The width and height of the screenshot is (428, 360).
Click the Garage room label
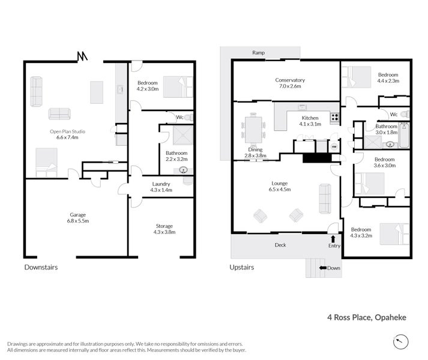(x=78, y=218)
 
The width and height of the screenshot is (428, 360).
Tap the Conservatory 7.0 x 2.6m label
(x=290, y=83)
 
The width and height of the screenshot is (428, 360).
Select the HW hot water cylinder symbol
(x=334, y=147)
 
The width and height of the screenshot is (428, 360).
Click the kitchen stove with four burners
(x=335, y=118)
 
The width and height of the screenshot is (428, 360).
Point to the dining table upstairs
(x=253, y=130)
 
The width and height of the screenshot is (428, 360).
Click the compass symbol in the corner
(x=401, y=341)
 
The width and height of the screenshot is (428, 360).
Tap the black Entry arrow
(x=333, y=239)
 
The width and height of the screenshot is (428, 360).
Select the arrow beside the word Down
(x=323, y=268)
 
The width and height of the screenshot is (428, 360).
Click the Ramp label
(x=258, y=53)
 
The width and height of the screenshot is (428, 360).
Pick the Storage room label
(x=164, y=229)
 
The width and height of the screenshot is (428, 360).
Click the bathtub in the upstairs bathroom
(x=404, y=135)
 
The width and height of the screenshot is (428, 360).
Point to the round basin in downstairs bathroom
(x=183, y=170)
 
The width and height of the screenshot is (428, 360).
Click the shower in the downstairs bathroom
(x=183, y=135)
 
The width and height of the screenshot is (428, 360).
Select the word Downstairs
(x=41, y=267)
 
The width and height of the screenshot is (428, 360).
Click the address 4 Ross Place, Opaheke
(x=367, y=317)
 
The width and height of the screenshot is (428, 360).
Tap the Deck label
(x=280, y=245)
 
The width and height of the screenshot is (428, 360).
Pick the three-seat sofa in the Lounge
(x=325, y=199)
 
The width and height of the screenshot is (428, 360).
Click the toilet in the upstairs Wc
(x=406, y=114)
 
